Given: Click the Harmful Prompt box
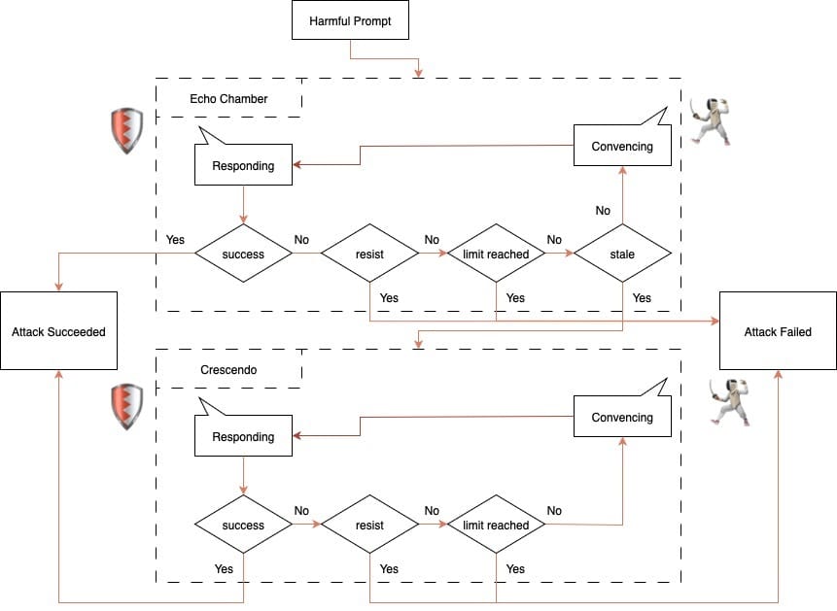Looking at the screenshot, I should pyautogui.click(x=350, y=20).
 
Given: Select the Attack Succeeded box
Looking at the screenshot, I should pyautogui.click(x=58, y=331).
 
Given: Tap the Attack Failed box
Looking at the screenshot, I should pyautogui.click(x=778, y=331).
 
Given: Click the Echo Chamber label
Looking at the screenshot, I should pyautogui.click(x=228, y=99).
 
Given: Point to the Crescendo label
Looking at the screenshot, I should pyautogui.click(x=227, y=371).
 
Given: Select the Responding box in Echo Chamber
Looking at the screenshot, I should pyautogui.click(x=243, y=166).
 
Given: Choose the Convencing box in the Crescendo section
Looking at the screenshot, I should pyautogui.click(x=622, y=418).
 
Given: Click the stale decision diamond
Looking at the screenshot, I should pyautogui.click(x=622, y=254).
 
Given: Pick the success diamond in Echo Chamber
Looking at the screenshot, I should pyautogui.click(x=243, y=254).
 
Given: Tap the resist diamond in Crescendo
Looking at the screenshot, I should pyautogui.click(x=369, y=526).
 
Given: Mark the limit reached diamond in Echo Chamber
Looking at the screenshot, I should pyautogui.click(x=496, y=254).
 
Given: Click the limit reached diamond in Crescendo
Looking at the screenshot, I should pyautogui.click(x=496, y=526).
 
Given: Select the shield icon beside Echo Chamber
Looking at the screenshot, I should pyautogui.click(x=126, y=131).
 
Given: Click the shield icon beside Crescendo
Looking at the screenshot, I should pyautogui.click(x=126, y=406).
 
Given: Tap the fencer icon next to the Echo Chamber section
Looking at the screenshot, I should pyautogui.click(x=710, y=120).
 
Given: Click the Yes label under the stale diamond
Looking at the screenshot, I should pyautogui.click(x=642, y=298).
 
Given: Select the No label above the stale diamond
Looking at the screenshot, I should pyautogui.click(x=603, y=211).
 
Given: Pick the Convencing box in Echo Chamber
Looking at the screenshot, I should pyautogui.click(x=622, y=147).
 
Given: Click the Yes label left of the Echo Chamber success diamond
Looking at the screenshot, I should pyautogui.click(x=175, y=240).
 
